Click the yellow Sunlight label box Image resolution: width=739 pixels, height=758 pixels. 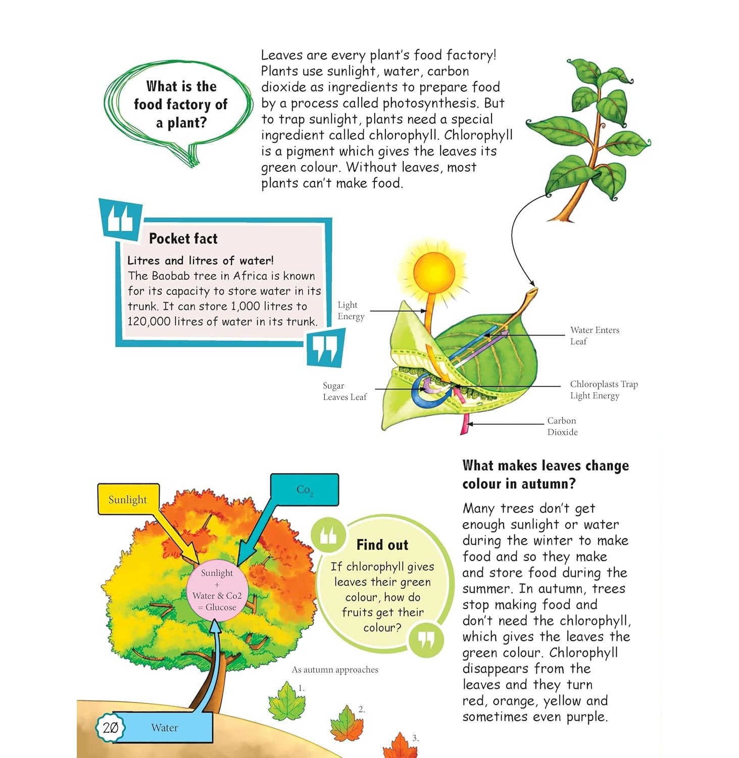coord(128,499)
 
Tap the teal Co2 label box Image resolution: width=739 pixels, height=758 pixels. coord(304,490)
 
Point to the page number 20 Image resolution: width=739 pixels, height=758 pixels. coord(110,728)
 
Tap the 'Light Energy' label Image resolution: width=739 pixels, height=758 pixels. coord(351,311)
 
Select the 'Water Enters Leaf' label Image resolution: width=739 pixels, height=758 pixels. coord(595,336)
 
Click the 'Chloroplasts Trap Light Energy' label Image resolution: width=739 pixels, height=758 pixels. coord(604,390)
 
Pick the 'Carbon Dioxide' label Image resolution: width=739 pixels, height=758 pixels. coord(562,426)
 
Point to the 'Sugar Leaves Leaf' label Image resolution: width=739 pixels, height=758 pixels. coord(345,391)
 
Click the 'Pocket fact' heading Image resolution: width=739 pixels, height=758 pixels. coord(183,239)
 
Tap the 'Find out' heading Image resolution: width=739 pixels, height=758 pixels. coord(382,545)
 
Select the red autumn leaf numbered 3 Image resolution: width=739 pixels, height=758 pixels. coord(401,746)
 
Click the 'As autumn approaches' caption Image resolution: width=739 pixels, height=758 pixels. coord(335,670)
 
